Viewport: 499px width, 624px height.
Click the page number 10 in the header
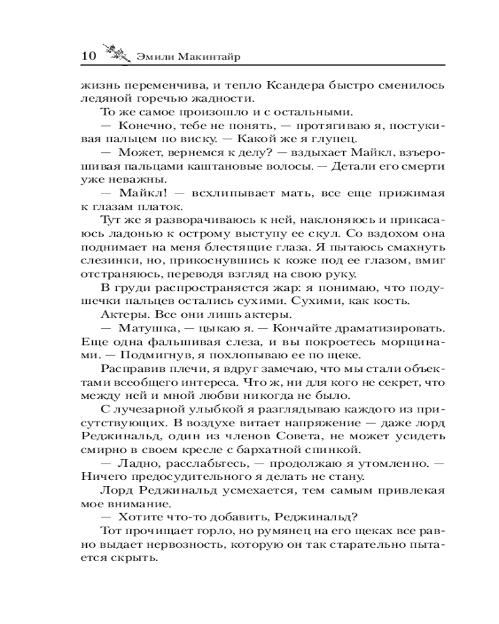click(87, 57)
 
